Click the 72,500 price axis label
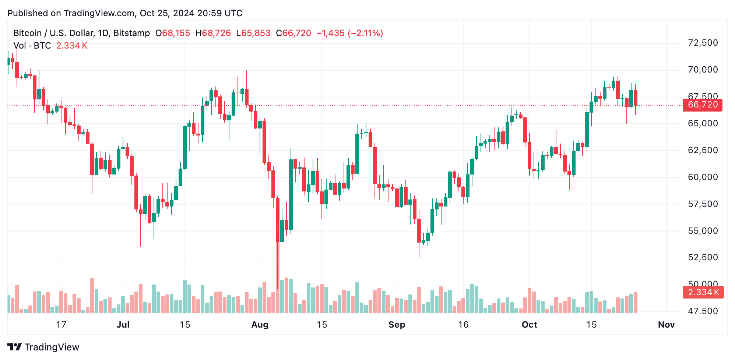[x=703, y=43]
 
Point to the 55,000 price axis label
[x=703, y=231]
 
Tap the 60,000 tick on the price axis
[x=703, y=177]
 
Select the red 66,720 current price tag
[x=702, y=105]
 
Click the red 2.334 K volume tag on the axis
[x=703, y=292]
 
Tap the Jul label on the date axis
[x=123, y=325]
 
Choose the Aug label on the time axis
[x=260, y=325]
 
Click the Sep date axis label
[x=397, y=325]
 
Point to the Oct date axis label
[x=529, y=325]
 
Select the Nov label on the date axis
[x=666, y=325]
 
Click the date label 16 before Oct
[x=463, y=325]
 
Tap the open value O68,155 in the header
[x=173, y=33]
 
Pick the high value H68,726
[x=213, y=33]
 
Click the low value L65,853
[x=253, y=33]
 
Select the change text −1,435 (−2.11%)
[x=350, y=33]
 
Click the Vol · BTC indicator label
[x=32, y=46]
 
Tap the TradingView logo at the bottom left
[x=43, y=347]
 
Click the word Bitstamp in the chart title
[x=131, y=33]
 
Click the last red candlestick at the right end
[x=636, y=98]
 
